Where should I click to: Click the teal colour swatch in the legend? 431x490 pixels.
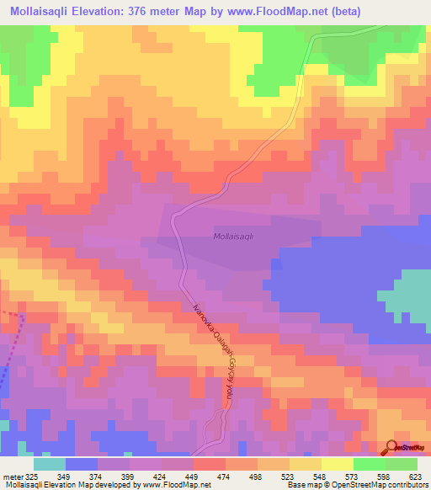(50, 464)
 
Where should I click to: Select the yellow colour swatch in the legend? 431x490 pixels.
(337, 464)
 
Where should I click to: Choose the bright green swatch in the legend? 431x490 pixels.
(369, 464)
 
